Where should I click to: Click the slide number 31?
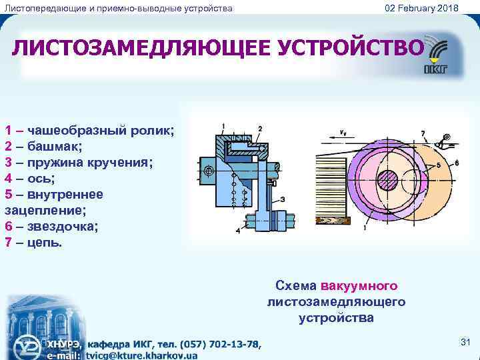[x=465, y=343]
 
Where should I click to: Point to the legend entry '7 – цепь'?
[x=33, y=242]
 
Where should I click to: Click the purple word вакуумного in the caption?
[x=359, y=286]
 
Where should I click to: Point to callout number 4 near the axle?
[x=238, y=231]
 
